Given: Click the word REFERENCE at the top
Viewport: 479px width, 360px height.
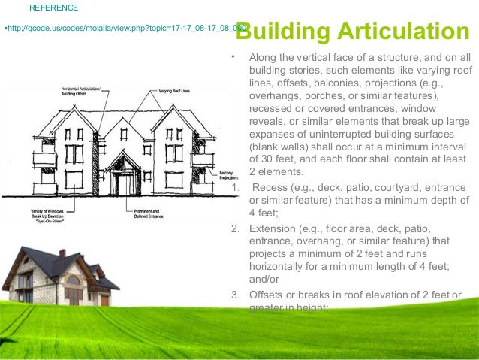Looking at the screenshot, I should [x=53, y=8].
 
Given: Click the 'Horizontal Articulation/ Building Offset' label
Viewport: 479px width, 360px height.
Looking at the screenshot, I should [x=80, y=92].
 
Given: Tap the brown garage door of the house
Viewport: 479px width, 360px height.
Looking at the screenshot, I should [x=104, y=299].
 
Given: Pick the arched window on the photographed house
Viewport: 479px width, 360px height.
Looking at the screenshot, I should [x=73, y=280].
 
